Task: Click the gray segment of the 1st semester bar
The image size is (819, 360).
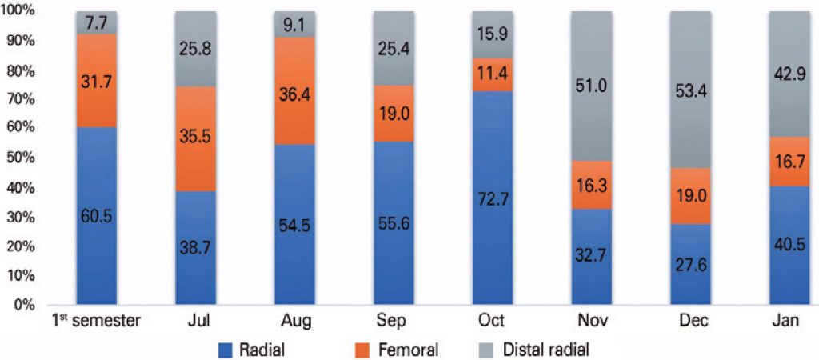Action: (96, 22)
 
